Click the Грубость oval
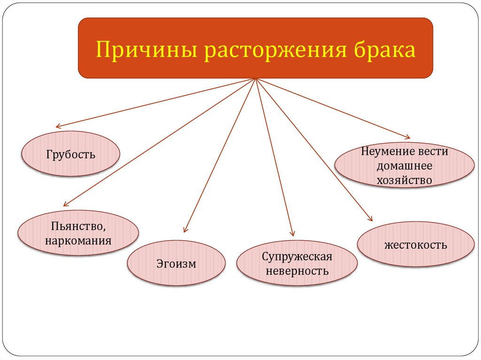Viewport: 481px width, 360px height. point(71,154)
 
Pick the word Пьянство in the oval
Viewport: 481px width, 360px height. point(78,227)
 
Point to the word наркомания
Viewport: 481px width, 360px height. point(78,241)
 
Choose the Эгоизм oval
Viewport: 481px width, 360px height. point(176,263)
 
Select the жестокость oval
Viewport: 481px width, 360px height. point(415,245)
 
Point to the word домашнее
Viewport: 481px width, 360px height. point(404,166)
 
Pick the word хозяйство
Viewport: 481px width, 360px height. point(404,179)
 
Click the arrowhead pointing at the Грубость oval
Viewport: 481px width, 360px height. point(58,126)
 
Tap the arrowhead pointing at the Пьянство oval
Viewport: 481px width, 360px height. point(65,204)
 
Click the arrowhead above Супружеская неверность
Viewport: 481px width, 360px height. point(293,233)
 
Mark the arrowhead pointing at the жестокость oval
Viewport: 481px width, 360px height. point(371,219)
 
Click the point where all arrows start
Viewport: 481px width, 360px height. point(256,78)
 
